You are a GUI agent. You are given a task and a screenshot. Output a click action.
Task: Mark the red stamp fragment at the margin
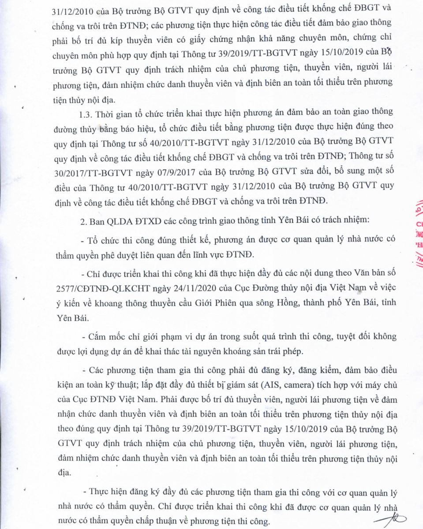point(416,234)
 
